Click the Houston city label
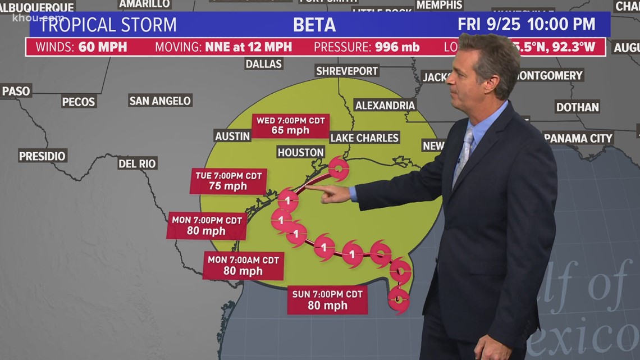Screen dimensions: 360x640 (x=300, y=152)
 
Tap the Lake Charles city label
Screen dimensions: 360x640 (x=364, y=138)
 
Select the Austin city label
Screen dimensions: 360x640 (x=232, y=135)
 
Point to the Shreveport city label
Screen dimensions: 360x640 (x=347, y=71)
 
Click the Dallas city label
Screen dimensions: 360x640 (x=263, y=63)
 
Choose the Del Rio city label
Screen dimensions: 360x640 (x=138, y=163)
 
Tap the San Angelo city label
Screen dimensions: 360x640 (x=161, y=101)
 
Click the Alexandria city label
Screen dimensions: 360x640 (x=385, y=105)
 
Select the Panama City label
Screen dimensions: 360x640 (x=578, y=138)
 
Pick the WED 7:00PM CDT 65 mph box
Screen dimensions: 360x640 (x=290, y=126)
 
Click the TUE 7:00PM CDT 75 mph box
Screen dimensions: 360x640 (x=228, y=181)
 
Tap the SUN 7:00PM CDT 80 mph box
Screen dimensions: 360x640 (x=327, y=300)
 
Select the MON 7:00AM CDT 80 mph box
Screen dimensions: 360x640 (x=243, y=266)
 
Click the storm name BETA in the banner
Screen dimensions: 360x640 (x=314, y=25)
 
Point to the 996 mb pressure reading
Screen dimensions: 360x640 (x=397, y=47)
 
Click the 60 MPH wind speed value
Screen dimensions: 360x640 (x=102, y=47)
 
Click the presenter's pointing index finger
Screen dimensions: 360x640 (x=310, y=188)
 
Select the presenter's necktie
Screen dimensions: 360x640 (x=464, y=154)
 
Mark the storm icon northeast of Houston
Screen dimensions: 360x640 (x=338, y=168)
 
